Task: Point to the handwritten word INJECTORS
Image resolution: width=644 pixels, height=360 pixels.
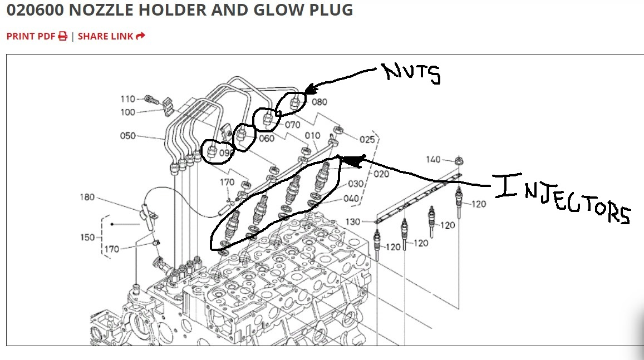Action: [562, 200]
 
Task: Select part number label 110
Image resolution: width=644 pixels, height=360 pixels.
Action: [128, 99]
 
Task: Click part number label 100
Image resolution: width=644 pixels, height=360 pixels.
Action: [127, 112]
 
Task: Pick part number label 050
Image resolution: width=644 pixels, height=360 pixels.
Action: [127, 136]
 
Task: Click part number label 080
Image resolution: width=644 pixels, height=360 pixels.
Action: [319, 102]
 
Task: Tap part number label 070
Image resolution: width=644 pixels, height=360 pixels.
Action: [293, 125]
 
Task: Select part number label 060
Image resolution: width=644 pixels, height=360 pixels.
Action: [267, 139]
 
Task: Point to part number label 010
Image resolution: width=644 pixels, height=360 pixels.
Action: [312, 136]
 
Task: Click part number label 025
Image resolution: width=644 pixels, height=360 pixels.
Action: [367, 140]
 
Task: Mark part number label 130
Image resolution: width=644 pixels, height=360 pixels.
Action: [353, 222]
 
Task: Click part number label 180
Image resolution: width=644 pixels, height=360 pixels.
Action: [87, 198]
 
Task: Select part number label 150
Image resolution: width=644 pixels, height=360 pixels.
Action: [87, 238]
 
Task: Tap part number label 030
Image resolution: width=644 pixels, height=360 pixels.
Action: [356, 184]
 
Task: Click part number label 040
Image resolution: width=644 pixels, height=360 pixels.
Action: [351, 199]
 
